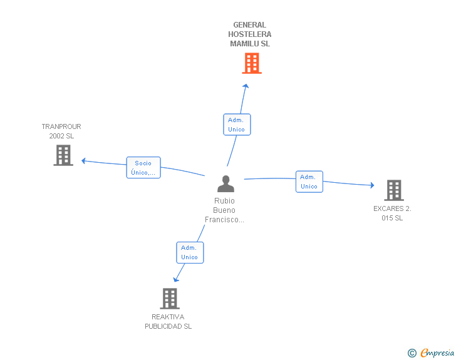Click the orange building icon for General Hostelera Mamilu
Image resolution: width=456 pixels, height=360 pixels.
coord(251,63)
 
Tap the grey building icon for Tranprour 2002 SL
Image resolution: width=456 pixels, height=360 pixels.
coord(63,155)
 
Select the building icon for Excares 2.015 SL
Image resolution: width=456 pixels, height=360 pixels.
coord(393,190)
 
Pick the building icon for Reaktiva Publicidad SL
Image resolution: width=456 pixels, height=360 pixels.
coord(169,299)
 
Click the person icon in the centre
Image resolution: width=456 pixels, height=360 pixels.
coord(225,183)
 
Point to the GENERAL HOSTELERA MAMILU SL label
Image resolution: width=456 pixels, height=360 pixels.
coord(250,34)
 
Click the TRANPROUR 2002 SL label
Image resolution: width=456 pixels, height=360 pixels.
coord(61,131)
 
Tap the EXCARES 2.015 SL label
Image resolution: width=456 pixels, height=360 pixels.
coord(392,213)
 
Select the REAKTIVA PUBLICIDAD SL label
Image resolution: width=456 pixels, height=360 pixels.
coord(168,321)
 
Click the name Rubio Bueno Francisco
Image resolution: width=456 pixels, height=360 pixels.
coord(224,210)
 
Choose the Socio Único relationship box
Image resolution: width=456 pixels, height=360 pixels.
coord(143,168)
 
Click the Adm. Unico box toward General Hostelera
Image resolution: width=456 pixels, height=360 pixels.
coord(237,125)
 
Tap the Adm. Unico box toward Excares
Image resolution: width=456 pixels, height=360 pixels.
coord(309,182)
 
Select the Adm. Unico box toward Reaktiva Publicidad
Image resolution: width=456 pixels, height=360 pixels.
coord(190,252)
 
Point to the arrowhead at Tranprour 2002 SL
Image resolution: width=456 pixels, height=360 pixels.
coord(83,161)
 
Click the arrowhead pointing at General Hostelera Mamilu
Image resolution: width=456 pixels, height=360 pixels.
coord(246,86)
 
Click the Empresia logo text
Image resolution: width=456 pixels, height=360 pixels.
coord(437,352)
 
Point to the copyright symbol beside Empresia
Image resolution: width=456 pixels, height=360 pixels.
coord(412,353)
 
